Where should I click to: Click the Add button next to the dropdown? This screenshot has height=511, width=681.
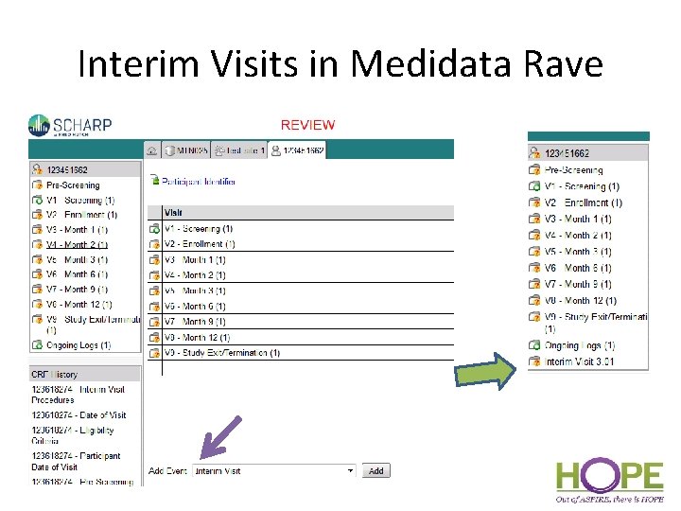[x=376, y=470]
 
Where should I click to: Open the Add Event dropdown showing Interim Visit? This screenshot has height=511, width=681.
[x=273, y=470]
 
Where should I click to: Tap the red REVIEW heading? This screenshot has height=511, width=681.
[x=307, y=125]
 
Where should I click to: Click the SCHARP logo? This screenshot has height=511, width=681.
[x=71, y=126]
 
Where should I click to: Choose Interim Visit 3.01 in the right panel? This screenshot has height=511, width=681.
[x=579, y=361]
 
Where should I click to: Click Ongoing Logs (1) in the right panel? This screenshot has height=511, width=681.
[x=579, y=345]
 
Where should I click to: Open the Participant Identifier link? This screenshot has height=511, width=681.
[x=198, y=181]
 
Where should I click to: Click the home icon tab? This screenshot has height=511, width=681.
[x=151, y=150]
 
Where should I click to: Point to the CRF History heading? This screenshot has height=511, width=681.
[x=55, y=374]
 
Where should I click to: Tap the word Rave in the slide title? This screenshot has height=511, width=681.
[x=566, y=64]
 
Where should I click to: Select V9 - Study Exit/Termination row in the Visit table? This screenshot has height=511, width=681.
[x=221, y=353]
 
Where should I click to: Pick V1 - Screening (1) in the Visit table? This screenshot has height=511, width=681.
[x=198, y=228]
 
